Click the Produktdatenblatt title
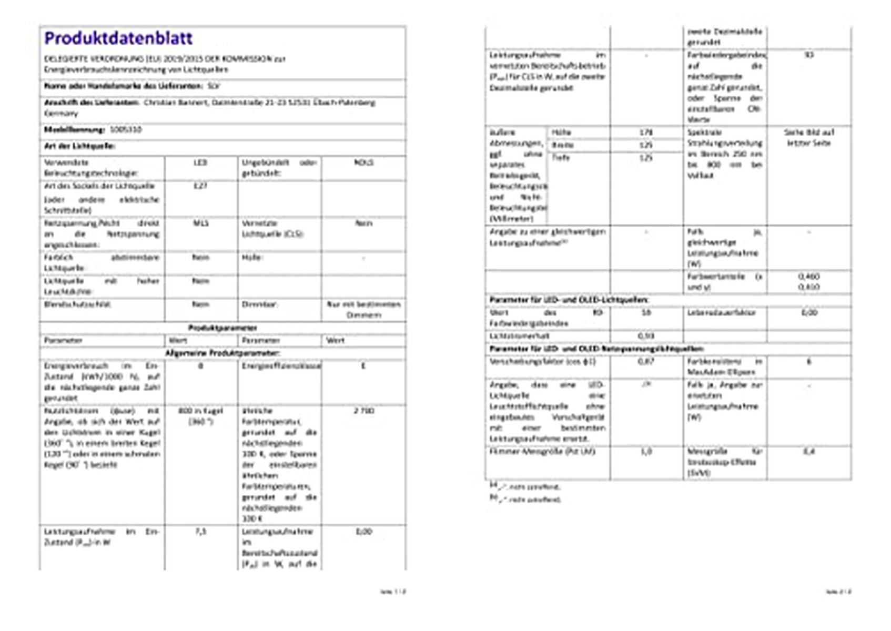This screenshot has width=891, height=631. tap(118, 38)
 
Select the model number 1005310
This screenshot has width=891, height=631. tap(125, 129)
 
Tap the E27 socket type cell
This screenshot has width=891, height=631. tap(200, 186)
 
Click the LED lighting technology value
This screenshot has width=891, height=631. tap(200, 162)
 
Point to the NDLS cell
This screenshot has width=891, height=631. tap(363, 162)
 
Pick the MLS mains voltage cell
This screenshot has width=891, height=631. tap(200, 223)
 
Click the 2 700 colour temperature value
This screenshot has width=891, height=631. tap(363, 410)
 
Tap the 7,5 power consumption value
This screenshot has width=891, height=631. tap(200, 531)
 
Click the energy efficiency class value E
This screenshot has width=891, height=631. tap(363, 365)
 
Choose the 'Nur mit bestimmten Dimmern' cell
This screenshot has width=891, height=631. tap(363, 309)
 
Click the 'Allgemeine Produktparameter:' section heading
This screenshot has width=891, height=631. tap(222, 353)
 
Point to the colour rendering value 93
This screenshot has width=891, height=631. tap(809, 55)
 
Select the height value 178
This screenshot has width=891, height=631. tap(646, 133)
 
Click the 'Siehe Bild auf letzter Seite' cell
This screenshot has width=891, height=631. tap(809, 137)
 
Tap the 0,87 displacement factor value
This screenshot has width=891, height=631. tap(646, 361)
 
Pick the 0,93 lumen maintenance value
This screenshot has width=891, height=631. tap(646, 335)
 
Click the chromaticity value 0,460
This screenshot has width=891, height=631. tap(809, 276)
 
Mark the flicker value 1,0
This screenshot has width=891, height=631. tap(646, 451)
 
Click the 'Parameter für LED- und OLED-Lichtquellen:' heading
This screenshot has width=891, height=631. tap(569, 300)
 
